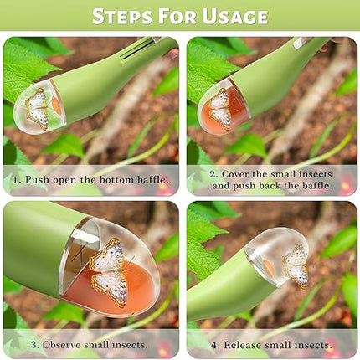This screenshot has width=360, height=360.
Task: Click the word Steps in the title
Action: (122, 16)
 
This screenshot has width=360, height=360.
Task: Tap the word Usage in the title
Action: (235, 16)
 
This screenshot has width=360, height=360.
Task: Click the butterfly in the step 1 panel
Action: (38, 109)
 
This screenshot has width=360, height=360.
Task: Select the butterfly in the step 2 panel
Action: (220, 108)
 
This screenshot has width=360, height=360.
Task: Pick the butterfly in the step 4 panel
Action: (296, 266)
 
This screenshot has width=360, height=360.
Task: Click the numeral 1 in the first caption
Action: (16, 179)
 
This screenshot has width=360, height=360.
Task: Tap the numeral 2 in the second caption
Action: (213, 174)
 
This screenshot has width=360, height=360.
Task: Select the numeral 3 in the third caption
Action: (34, 345)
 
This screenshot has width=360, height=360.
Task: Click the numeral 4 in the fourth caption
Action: (215, 345)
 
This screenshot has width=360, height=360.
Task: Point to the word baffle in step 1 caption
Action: (152, 179)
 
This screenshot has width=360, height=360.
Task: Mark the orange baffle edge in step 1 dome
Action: (56, 105)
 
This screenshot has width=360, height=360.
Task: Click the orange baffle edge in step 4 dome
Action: (269, 267)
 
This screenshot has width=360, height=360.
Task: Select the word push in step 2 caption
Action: (244, 186)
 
